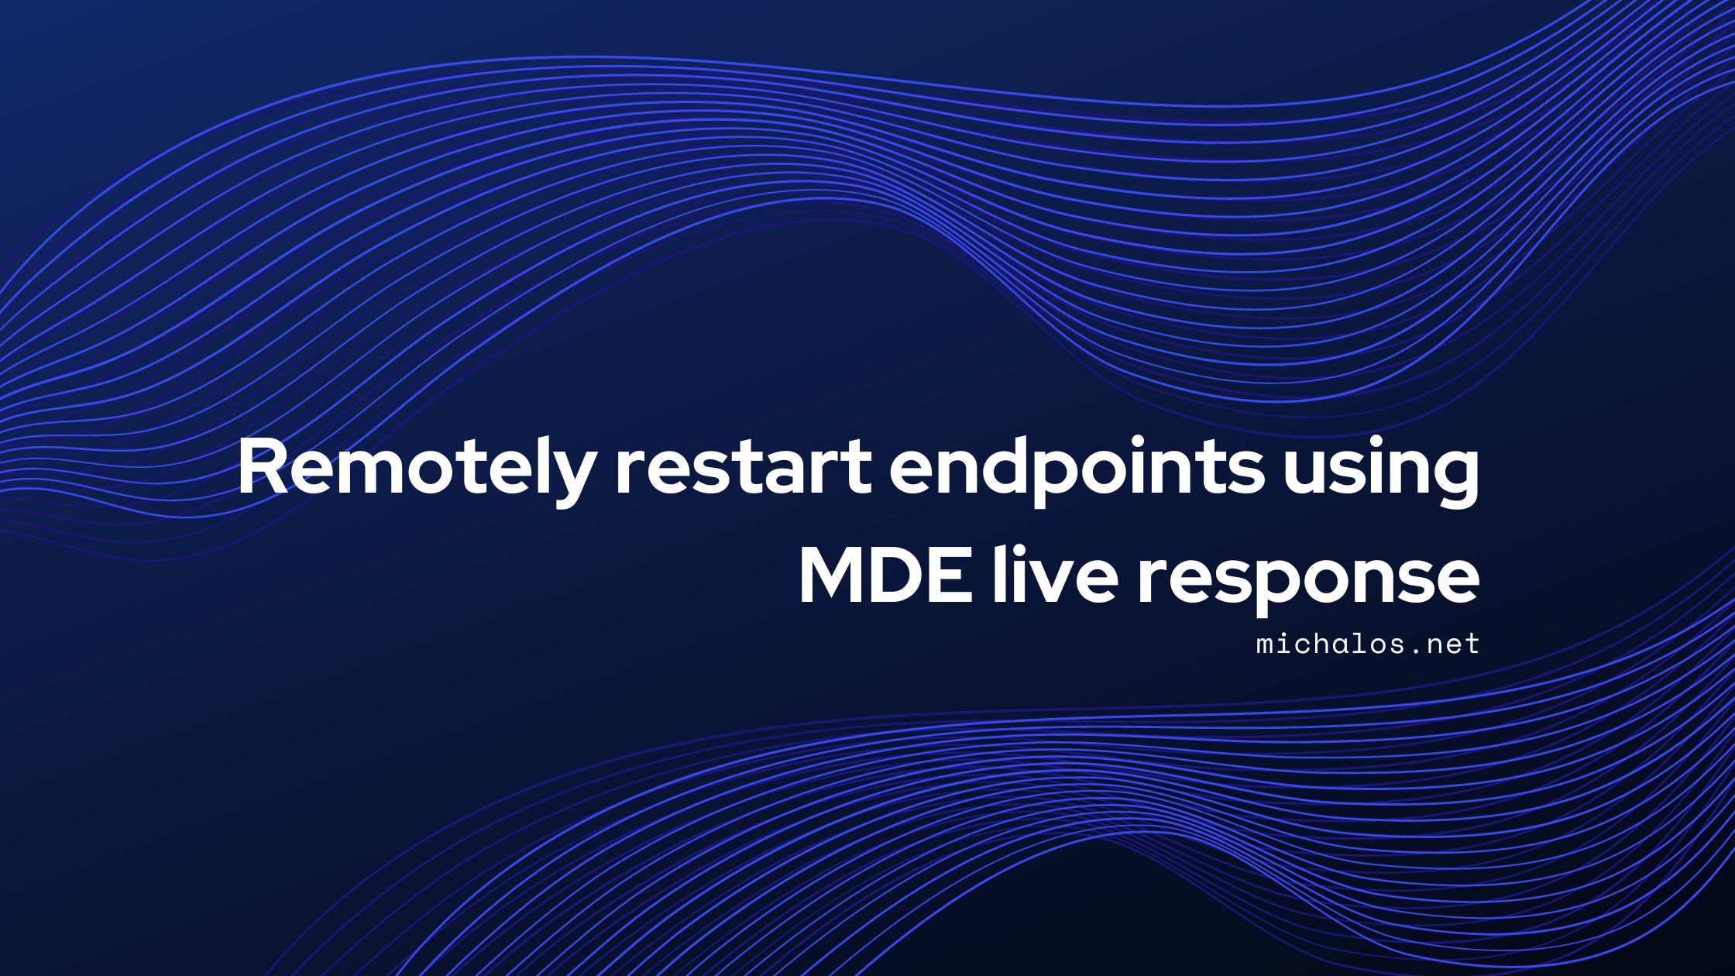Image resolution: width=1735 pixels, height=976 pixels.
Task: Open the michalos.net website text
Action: pyautogui.click(x=1368, y=644)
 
